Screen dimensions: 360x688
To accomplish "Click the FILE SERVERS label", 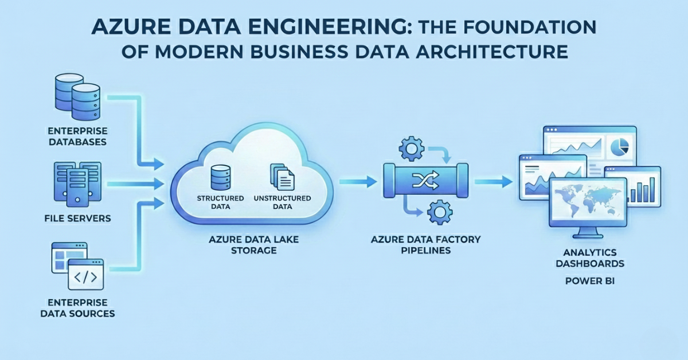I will point(78,218).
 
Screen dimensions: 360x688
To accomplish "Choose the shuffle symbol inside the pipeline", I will point(425,182).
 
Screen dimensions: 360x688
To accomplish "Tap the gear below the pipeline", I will point(440,213).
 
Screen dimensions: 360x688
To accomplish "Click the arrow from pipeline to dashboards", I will point(494,182).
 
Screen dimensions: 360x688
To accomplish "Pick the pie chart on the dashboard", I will point(616,146).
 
